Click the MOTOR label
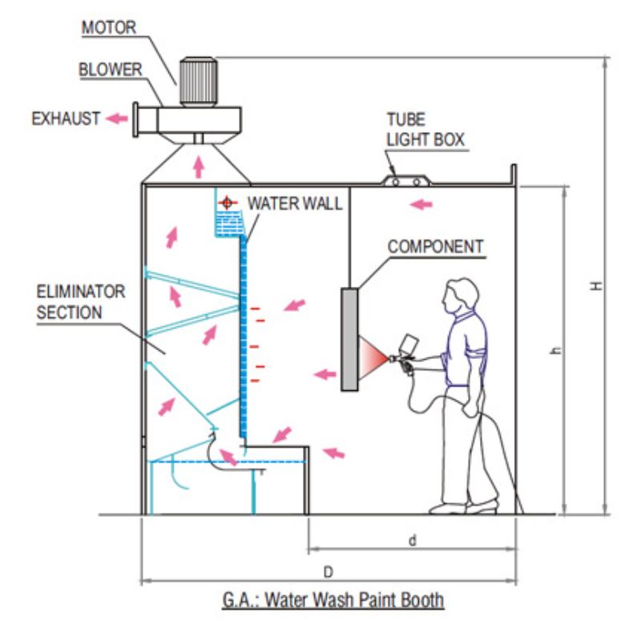pyautogui.click(x=109, y=27)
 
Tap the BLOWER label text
pyautogui.click(x=111, y=69)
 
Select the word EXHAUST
pyautogui.click(x=66, y=119)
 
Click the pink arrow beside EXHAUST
pyautogui.click(x=117, y=119)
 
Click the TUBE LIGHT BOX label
pyautogui.click(x=425, y=130)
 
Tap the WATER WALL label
pyautogui.click(x=295, y=204)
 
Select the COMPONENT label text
pyautogui.click(x=436, y=247)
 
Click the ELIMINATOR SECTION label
pyautogui.click(x=81, y=302)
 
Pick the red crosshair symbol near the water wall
pyautogui.click(x=228, y=203)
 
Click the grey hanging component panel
pyautogui.click(x=349, y=339)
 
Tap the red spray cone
pyautogui.click(x=373, y=357)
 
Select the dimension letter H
pyautogui.click(x=597, y=286)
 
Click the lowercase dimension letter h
pyautogui.click(x=556, y=350)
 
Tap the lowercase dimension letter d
pyautogui.click(x=413, y=540)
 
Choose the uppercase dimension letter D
pyautogui.click(x=329, y=572)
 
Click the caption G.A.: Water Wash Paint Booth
pyautogui.click(x=333, y=600)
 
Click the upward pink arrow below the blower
pyautogui.click(x=199, y=167)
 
